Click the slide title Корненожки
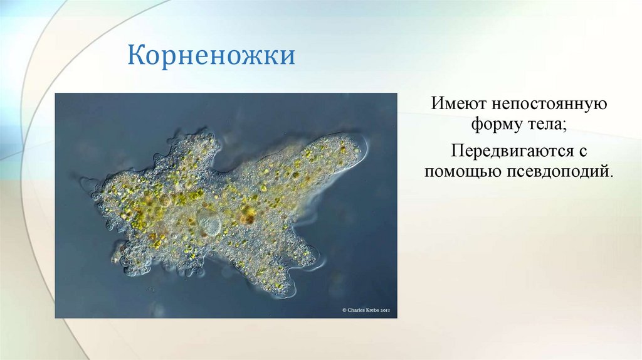(211, 56)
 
